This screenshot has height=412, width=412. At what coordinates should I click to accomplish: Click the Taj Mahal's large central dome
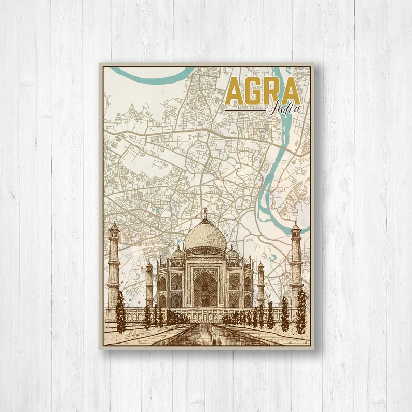(205, 236)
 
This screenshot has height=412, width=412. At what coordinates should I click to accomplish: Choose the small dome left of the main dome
(178, 254)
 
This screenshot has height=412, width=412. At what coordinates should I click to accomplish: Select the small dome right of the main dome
(232, 254)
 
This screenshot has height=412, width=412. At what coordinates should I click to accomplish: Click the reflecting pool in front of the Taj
(205, 335)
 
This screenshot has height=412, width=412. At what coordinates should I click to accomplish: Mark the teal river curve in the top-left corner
(150, 78)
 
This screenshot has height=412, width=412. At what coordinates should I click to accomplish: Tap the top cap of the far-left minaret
(114, 226)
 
